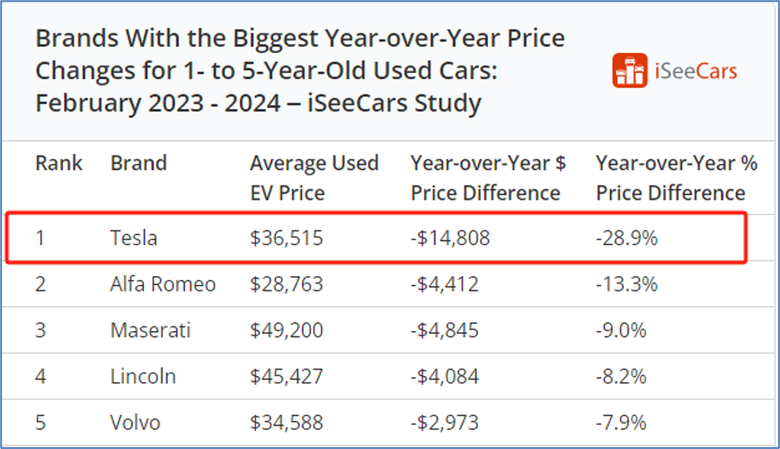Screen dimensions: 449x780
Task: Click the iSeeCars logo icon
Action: pos(630,71)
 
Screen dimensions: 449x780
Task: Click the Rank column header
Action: pos(58,164)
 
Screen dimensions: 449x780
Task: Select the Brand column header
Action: pos(138,164)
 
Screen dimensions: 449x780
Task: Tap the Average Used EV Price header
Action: pos(314,178)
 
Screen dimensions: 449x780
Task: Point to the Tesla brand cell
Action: pos(134,238)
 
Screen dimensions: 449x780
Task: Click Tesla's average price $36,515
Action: pos(286,238)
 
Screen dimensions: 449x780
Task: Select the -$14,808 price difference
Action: pos(450,238)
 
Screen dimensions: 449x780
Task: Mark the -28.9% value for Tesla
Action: pos(626,238)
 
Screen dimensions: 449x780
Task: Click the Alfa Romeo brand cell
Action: pos(163,285)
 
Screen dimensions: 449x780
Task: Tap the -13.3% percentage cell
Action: pos(626,285)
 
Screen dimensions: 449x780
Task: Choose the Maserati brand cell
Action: pos(150,330)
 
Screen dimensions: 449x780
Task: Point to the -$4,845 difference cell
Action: pos(445,330)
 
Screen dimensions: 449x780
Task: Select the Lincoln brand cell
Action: pos(143,376)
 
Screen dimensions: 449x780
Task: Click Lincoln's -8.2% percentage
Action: pos(621,376)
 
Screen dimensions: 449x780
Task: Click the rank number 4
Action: pos(40,376)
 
